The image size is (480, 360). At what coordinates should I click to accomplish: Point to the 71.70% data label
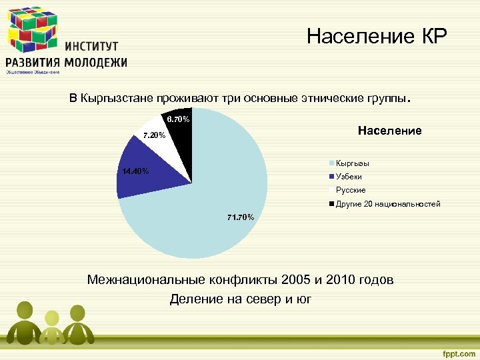pyautogui.click(x=240, y=217)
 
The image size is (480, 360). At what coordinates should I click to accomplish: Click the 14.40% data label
pyautogui.click(x=135, y=171)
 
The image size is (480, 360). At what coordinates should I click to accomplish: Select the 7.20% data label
pyautogui.click(x=154, y=135)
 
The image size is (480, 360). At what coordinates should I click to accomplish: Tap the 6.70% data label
pyautogui.click(x=178, y=119)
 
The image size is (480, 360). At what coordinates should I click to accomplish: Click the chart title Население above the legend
pyautogui.click(x=390, y=131)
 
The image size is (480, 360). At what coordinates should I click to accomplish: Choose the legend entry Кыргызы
pyautogui.click(x=353, y=163)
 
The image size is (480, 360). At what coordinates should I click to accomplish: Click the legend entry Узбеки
pyautogui.click(x=349, y=177)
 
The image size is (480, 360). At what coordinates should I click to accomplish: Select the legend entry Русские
pyautogui.click(x=351, y=190)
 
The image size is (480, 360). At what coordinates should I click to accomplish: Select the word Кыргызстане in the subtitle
pyautogui.click(x=117, y=99)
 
